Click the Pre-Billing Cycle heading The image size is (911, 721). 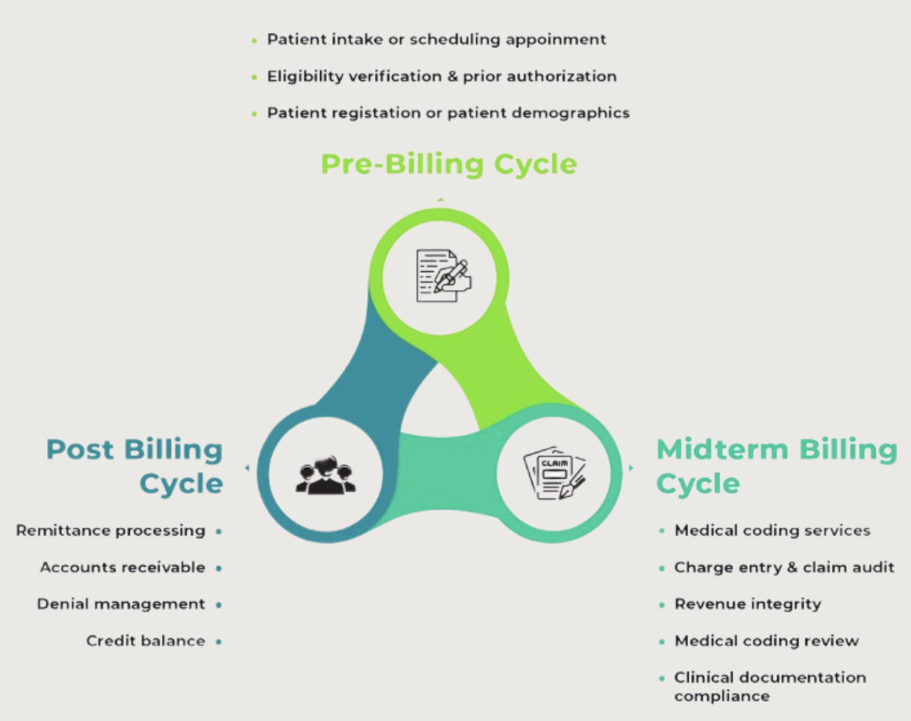tap(448, 164)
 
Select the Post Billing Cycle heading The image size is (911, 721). tap(135, 466)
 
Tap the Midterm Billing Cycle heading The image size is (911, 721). tap(776, 466)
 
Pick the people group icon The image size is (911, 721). tap(326, 475)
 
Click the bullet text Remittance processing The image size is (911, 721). tap(111, 531)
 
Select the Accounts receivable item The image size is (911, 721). tap(123, 568)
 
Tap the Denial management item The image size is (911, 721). tap(121, 604)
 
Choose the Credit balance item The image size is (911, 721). tap(145, 641)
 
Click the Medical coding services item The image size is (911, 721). tap(772, 531)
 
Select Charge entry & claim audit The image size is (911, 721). tap(784, 568)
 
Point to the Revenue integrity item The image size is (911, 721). tap(748, 604)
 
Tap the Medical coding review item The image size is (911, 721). tap(767, 641)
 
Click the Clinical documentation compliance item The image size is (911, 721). tap(770, 686)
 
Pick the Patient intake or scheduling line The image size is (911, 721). tap(436, 39)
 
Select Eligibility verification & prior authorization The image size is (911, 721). tap(442, 76)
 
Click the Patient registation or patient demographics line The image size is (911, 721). tap(448, 113)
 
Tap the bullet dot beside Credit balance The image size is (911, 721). tap(219, 642)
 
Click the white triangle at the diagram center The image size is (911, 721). tap(440, 400)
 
